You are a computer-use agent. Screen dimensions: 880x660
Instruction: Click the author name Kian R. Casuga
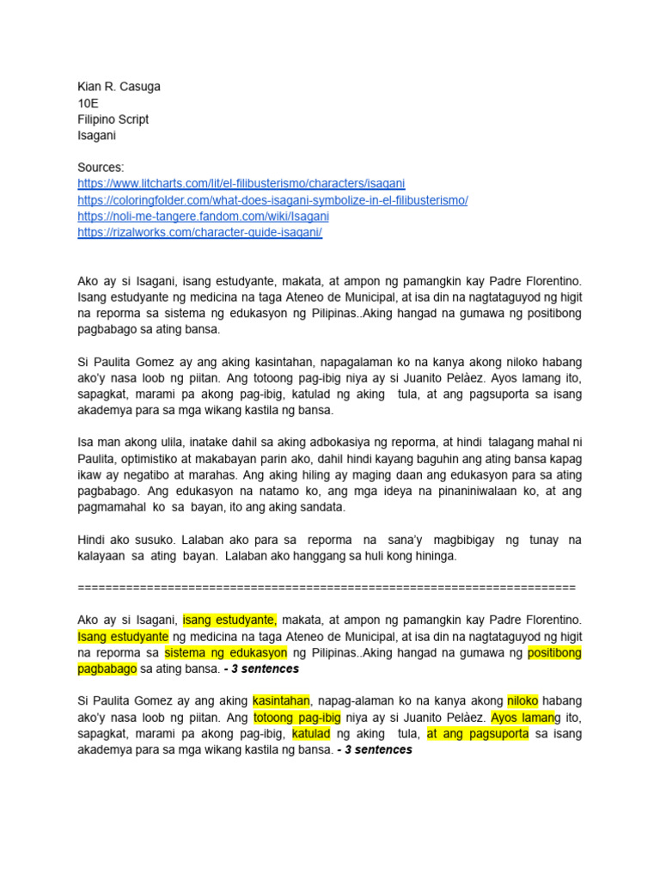click(x=119, y=87)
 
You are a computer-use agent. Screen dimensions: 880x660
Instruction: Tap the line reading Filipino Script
click(x=113, y=119)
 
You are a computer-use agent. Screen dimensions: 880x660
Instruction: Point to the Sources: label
click(x=101, y=168)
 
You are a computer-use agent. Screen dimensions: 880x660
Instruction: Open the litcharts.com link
click(x=241, y=184)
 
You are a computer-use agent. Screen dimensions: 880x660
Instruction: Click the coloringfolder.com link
click(x=272, y=200)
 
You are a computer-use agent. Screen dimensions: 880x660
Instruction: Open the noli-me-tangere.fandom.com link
click(x=203, y=217)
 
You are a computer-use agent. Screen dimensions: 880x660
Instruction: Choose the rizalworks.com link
click(x=199, y=233)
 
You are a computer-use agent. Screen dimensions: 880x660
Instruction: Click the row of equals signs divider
click(x=327, y=587)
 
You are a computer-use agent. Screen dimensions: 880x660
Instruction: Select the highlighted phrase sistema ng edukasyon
click(x=226, y=652)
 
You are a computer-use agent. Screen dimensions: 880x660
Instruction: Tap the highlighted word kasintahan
click(x=281, y=700)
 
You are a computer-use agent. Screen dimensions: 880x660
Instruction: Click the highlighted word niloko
click(x=522, y=700)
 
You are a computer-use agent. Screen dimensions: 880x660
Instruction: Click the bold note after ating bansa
click(x=261, y=669)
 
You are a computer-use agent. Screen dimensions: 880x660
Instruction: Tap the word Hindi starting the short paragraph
click(x=92, y=540)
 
